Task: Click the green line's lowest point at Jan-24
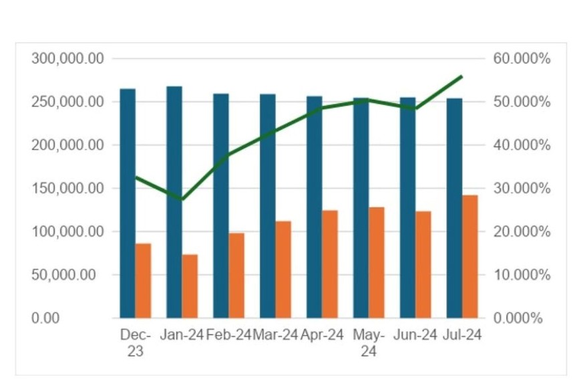[182, 199]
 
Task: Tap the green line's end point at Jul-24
[462, 76]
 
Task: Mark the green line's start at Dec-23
[136, 177]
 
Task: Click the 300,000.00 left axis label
[67, 59]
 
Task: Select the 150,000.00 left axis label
[67, 189]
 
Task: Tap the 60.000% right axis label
[522, 59]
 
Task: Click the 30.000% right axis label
[522, 189]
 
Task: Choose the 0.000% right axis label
[518, 318]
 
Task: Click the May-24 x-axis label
[369, 342]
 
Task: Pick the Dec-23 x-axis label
[136, 342]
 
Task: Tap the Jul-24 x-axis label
[462, 334]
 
